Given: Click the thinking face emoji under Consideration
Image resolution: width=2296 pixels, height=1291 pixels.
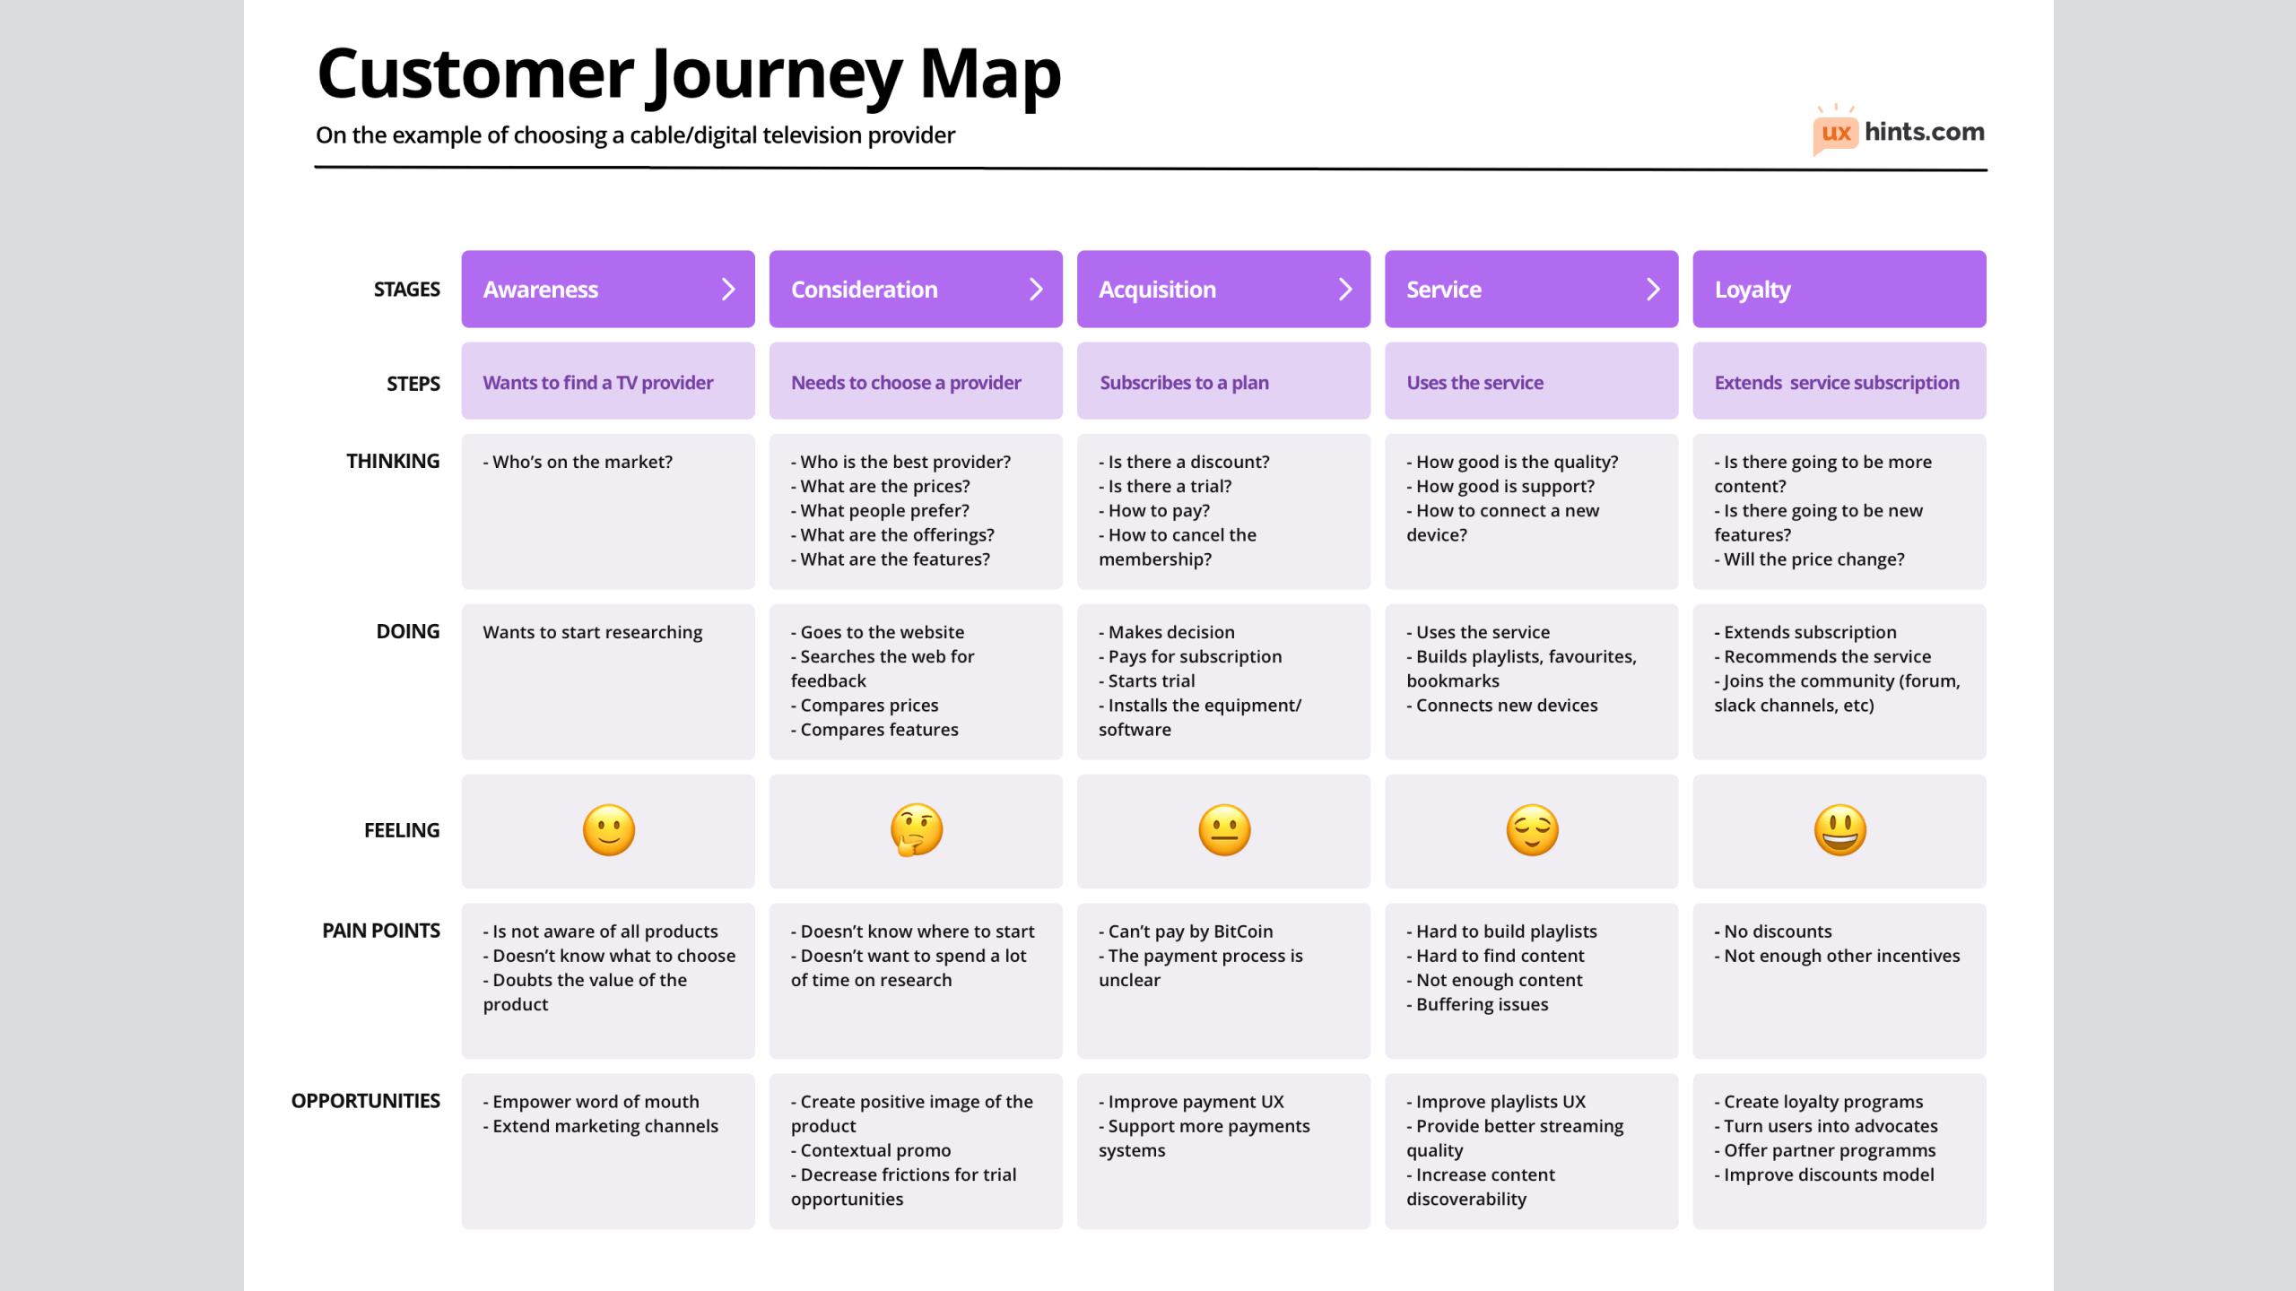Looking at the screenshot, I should tap(916, 829).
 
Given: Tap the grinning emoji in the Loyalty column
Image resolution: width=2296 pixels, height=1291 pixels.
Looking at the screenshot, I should tap(1839, 829).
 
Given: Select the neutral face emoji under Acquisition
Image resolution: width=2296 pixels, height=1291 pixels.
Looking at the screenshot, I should tap(1224, 829).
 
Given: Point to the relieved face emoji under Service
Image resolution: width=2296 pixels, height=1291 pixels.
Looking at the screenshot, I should tap(1532, 829).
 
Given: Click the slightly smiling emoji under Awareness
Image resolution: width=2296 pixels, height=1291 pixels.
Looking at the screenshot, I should tap(609, 829).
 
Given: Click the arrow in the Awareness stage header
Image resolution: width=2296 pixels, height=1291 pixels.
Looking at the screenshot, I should tap(728, 290).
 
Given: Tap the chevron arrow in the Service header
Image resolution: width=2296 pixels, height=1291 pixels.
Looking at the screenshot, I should tap(1653, 290).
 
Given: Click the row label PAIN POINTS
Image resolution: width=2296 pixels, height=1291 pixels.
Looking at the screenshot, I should tap(381, 931).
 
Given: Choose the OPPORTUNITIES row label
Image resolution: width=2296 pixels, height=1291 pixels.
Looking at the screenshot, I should tap(366, 1101).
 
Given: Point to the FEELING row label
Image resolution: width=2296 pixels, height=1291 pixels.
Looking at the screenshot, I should tap(402, 830).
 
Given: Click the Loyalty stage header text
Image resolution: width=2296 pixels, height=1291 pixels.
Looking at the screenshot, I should tap(1752, 290).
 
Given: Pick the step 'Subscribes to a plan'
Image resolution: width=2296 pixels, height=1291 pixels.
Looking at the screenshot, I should tap(1184, 383).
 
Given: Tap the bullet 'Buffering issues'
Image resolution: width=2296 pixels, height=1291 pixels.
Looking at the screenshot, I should tap(1482, 1004).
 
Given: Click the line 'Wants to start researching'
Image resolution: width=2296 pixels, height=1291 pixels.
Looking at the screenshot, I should tap(593, 632).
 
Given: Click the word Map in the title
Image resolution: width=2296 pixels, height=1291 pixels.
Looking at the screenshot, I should tap(990, 74).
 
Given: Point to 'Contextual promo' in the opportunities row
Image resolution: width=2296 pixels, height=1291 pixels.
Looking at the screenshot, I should tap(875, 1150).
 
